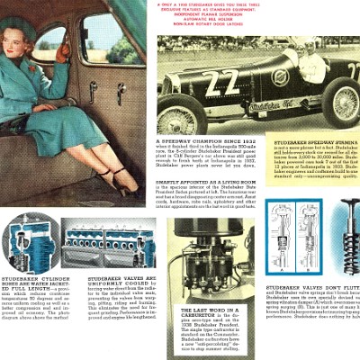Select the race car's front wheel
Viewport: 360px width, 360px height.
(184, 118)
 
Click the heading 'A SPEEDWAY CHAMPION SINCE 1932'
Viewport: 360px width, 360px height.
(204, 142)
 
